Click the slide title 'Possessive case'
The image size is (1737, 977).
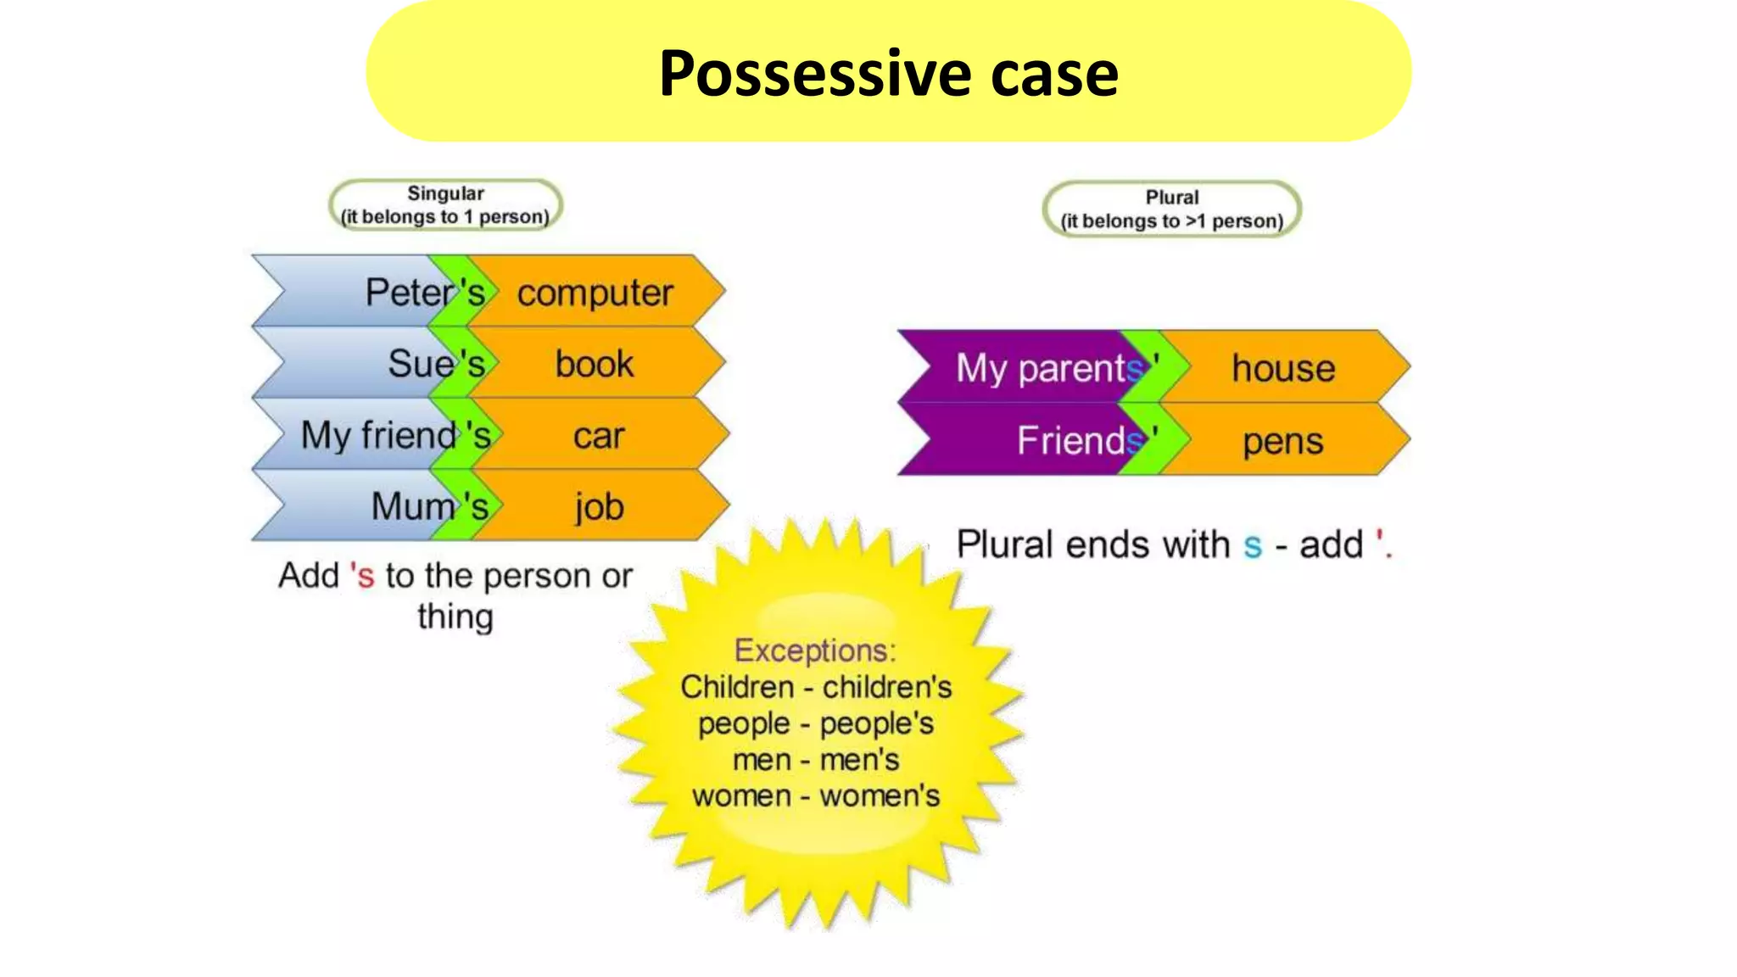[x=888, y=73]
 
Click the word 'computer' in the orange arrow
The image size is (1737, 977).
[x=595, y=293]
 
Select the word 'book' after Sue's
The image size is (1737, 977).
[x=594, y=364]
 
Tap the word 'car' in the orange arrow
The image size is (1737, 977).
[x=598, y=436]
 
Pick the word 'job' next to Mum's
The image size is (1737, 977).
[x=599, y=507]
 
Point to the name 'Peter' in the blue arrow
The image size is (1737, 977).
[x=409, y=293]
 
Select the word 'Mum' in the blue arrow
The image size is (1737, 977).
[x=412, y=507]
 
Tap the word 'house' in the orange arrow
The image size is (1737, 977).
[x=1282, y=368]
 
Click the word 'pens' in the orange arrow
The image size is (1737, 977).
[x=1282, y=441]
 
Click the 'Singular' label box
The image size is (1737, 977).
[x=445, y=205]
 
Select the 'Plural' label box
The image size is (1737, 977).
[x=1171, y=209]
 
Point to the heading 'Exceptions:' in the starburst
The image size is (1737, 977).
[x=814, y=650]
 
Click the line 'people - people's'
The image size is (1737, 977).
[x=815, y=723]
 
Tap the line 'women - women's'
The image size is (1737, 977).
[x=815, y=796]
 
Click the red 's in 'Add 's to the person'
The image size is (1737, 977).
[x=362, y=576]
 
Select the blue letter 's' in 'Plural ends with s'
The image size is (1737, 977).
[x=1252, y=545]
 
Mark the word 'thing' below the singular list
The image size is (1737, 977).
[x=455, y=617]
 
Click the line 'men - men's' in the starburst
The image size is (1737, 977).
[x=815, y=760]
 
